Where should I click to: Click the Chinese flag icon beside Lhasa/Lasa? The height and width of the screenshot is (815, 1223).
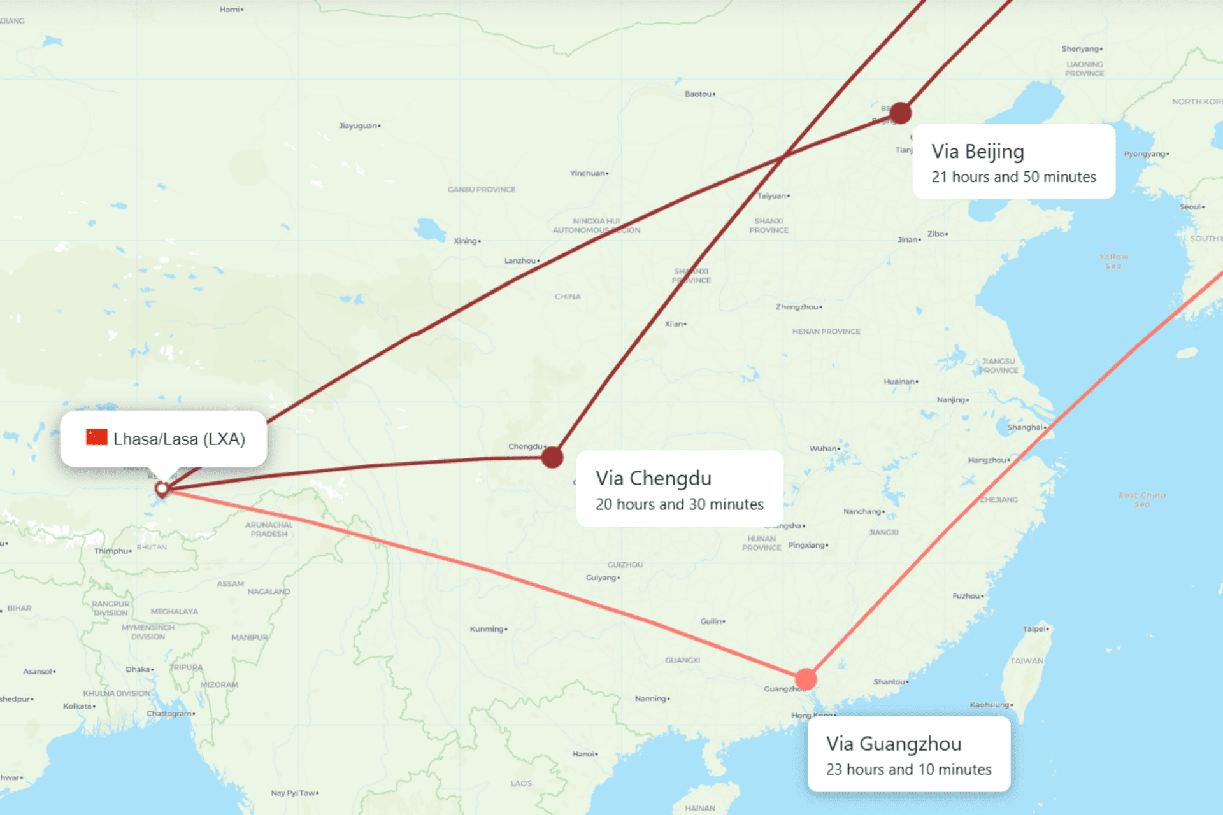(97, 437)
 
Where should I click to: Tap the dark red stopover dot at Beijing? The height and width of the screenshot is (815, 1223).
(900, 113)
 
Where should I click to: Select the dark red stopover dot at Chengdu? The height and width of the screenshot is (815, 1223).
(552, 457)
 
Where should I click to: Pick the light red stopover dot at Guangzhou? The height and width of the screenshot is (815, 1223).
(806, 679)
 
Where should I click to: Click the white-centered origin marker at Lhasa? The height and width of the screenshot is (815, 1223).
(162, 489)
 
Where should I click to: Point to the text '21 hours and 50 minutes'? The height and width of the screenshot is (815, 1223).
(1013, 177)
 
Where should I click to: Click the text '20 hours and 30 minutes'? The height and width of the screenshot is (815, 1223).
(679, 504)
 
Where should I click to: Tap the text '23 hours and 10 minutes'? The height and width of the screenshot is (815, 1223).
(908, 769)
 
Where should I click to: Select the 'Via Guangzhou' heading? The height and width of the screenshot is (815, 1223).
(893, 743)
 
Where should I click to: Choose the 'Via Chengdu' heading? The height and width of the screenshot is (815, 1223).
(653, 478)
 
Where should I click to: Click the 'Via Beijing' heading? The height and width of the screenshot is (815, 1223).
(977, 151)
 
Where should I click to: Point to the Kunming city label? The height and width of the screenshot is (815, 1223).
(488, 629)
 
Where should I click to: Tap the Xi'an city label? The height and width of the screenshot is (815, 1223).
(675, 324)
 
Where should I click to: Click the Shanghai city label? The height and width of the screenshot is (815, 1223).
(1026, 427)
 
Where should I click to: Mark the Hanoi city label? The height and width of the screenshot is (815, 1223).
(584, 754)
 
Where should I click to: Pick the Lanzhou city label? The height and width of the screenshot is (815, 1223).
(521, 260)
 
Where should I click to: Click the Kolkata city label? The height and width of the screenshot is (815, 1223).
(78, 706)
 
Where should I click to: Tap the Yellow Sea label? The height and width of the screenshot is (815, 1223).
(1113, 261)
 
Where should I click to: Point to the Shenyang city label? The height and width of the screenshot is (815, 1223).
(1081, 49)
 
